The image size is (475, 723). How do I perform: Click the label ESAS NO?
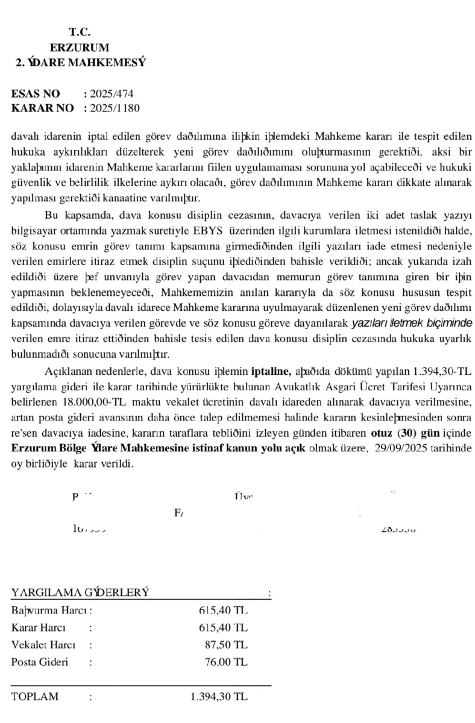pyautogui.click(x=36, y=94)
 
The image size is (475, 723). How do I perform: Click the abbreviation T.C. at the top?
pyautogui.click(x=80, y=32)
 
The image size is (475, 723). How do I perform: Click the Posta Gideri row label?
pyautogui.click(x=40, y=662)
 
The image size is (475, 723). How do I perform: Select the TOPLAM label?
pyautogui.click(x=35, y=697)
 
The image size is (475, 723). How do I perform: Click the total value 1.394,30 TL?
pyautogui.click(x=218, y=697)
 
